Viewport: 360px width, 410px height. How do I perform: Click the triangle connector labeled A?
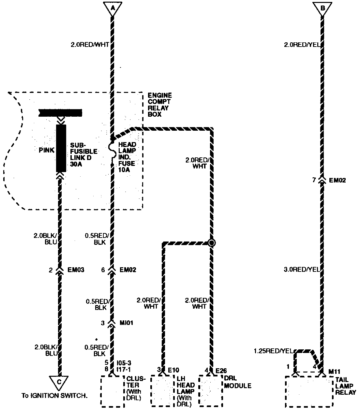click(x=112, y=8)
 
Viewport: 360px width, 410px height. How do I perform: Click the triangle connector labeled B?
click(x=322, y=8)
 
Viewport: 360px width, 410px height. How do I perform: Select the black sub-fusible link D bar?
click(x=61, y=148)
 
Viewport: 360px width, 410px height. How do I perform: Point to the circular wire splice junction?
click(x=212, y=242)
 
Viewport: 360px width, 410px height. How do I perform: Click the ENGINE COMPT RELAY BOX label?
click(x=159, y=105)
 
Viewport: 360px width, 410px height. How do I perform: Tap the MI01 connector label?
click(x=127, y=323)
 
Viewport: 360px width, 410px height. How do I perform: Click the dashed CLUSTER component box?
click(x=112, y=391)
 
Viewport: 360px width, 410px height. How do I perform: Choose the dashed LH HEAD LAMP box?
click(x=162, y=391)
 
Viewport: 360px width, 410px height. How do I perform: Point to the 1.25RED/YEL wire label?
click(x=273, y=351)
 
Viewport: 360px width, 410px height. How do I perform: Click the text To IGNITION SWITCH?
click(x=54, y=396)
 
